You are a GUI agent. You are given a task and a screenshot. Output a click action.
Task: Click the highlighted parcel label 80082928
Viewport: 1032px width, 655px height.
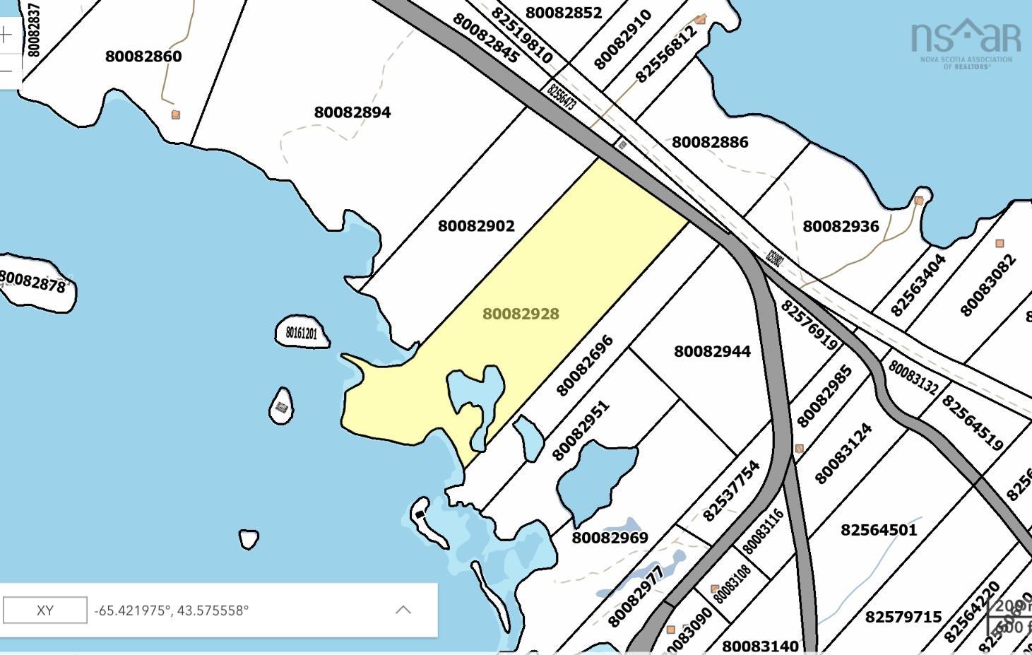[521, 314]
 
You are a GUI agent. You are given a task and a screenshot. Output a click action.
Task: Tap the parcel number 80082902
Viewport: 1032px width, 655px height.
[476, 226]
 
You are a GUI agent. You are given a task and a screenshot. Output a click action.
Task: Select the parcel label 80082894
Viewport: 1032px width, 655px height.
[352, 112]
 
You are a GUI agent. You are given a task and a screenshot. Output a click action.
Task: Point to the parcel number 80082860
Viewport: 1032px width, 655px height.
[143, 57]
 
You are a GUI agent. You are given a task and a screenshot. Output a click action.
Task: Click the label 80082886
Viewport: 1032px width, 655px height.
[710, 142]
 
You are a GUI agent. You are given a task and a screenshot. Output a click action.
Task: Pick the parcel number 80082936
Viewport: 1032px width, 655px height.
[841, 226]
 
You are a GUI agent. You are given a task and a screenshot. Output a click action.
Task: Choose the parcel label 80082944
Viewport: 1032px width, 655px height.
[712, 351]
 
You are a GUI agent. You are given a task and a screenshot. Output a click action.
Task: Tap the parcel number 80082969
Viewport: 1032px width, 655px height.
[610, 538]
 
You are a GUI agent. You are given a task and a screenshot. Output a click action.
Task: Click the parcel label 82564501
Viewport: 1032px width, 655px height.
[879, 530]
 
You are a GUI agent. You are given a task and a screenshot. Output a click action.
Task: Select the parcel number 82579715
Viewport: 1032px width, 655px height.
[903, 617]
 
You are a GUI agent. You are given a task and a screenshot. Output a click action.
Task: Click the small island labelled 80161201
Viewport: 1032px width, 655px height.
[302, 333]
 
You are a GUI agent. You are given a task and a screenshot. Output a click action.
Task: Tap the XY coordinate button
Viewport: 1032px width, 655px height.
[45, 610]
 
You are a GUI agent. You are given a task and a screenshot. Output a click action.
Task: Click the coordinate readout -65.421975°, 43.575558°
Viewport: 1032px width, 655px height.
[172, 610]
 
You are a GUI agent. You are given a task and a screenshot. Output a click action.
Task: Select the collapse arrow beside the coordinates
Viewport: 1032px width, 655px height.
[403, 610]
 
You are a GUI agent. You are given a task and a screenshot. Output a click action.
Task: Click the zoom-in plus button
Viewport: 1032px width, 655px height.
[6, 35]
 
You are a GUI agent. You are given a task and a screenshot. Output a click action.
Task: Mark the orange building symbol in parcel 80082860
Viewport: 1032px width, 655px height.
[176, 114]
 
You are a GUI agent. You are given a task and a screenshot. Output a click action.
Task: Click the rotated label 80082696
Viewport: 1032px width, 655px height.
[584, 366]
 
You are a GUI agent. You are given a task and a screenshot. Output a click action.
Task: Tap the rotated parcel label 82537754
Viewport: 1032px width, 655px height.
[731, 490]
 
